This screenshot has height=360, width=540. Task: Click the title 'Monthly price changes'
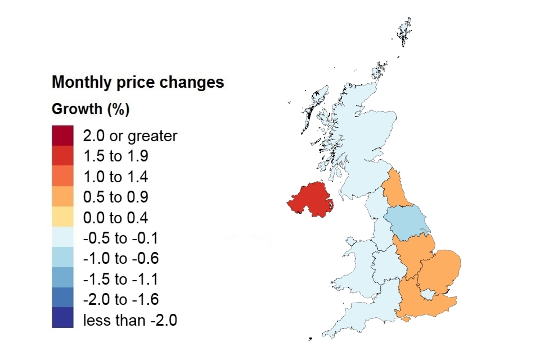[138, 83]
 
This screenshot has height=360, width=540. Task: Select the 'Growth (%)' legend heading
[91, 109]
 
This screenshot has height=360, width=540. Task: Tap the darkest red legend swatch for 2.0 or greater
[62, 136]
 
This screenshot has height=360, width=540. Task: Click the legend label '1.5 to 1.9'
[115, 156]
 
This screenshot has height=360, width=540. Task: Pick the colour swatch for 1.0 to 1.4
[62, 177]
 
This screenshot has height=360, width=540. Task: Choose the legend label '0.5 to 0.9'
[115, 197]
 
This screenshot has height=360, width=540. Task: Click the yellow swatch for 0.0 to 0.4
[62, 218]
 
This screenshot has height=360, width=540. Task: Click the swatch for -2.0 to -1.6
[62, 300]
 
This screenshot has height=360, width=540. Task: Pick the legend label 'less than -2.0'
[130, 321]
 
